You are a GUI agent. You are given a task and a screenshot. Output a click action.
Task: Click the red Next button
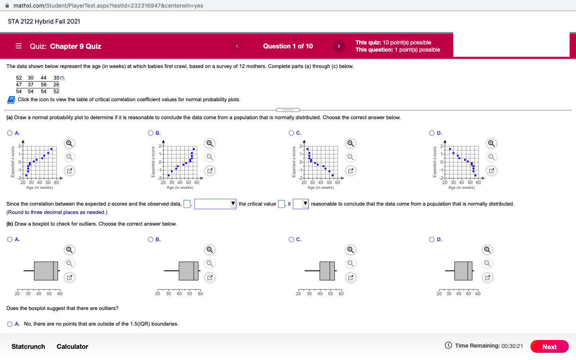549,346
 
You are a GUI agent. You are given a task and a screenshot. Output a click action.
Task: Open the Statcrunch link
28,346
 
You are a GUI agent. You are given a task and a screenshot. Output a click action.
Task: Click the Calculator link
72,346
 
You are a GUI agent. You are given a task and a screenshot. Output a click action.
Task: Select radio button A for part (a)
10,133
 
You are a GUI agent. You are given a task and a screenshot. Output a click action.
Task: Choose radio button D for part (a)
432,133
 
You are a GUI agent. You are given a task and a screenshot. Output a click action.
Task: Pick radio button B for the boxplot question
151,240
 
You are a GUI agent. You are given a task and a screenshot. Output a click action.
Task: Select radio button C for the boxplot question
291,240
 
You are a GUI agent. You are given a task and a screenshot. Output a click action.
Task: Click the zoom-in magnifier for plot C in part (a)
350,144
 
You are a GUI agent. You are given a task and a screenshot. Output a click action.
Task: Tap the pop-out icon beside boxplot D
487,277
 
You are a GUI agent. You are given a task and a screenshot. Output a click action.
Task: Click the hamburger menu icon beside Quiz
18,46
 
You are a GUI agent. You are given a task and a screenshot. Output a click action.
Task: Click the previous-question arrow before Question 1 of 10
237,46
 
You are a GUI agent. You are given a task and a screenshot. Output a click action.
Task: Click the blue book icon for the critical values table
11,100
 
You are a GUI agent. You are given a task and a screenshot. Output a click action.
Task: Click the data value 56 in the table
44,84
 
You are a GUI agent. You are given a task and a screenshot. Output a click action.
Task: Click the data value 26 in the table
56,84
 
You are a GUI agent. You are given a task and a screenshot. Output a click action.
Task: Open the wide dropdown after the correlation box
215,204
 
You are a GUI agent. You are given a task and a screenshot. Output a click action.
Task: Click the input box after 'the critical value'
281,204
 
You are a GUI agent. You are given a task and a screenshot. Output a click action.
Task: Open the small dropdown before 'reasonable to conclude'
301,204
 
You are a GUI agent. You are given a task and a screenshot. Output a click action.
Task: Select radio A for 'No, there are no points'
10,324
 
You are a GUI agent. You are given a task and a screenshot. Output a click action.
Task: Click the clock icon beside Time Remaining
448,346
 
